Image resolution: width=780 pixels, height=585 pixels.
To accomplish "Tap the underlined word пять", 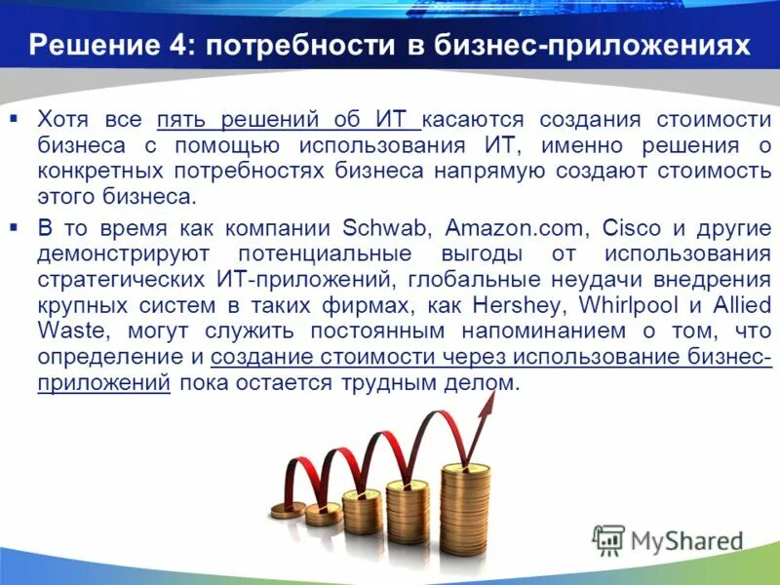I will click(x=182, y=120).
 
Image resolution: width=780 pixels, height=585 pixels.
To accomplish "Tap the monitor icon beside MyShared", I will click(x=608, y=539).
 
